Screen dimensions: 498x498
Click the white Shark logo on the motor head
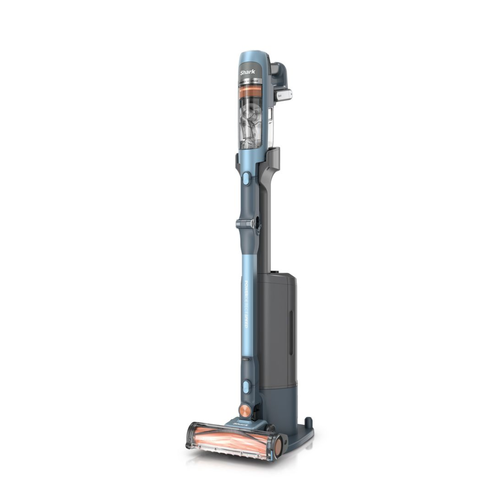(x=248, y=72)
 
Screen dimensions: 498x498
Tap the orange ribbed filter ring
(x=249, y=92)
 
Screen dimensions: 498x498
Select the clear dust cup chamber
(x=250, y=122)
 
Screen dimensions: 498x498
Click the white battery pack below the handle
(x=283, y=95)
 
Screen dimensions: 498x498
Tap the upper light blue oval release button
(x=246, y=178)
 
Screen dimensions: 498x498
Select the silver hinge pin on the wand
(x=244, y=224)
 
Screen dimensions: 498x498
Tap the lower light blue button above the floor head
(x=246, y=386)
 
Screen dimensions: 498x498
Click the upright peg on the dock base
(x=308, y=422)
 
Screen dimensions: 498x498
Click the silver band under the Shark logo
(x=249, y=81)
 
